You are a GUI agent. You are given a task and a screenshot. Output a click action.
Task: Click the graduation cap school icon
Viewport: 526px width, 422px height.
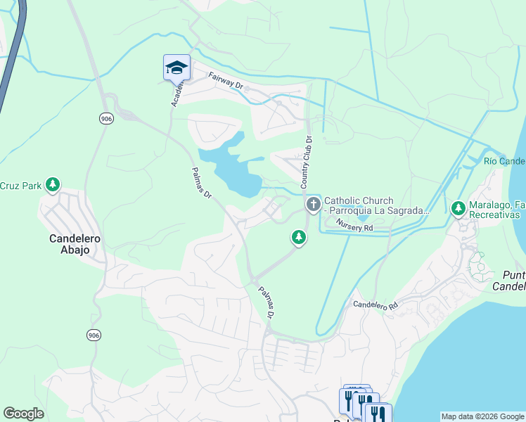click(177, 68)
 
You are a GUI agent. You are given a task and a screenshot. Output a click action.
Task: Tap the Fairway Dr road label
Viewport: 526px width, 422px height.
click(225, 83)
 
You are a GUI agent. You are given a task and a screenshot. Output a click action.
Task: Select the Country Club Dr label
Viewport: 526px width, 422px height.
click(306, 162)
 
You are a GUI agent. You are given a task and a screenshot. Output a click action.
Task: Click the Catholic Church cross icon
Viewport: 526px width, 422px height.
click(313, 205)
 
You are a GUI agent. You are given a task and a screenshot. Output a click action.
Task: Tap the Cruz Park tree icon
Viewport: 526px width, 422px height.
click(52, 186)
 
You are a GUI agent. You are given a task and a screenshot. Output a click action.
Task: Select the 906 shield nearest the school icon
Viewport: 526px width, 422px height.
click(106, 119)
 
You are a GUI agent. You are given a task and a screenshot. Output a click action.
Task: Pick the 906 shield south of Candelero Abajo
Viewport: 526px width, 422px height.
click(94, 335)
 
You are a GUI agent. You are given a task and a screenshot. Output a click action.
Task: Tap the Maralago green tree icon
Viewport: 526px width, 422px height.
click(458, 208)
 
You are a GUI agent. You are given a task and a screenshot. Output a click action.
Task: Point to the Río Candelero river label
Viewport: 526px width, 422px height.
click(504, 161)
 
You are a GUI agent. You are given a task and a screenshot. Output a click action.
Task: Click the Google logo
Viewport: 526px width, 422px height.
click(23, 414)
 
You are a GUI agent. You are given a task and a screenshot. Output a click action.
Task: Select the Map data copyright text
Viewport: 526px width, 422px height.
click(482, 416)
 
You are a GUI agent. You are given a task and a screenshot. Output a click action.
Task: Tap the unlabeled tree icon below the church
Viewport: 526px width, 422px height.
click(299, 238)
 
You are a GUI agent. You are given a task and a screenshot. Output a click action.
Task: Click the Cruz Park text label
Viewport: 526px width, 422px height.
click(20, 186)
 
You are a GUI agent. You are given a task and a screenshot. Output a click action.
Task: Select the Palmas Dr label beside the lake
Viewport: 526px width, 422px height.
click(202, 184)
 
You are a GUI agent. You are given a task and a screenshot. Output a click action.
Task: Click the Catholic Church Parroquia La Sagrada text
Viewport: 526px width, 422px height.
click(376, 206)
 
